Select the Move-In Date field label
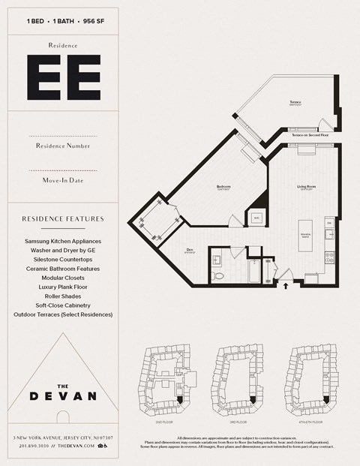(x=63, y=180)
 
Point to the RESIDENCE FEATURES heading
(x=63, y=219)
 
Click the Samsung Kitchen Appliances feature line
(x=63, y=241)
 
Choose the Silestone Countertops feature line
(x=63, y=259)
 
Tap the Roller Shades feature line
(x=63, y=296)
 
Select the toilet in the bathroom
(x=218, y=275)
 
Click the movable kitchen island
(x=305, y=236)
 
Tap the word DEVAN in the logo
(x=63, y=396)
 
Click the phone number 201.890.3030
(x=34, y=446)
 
